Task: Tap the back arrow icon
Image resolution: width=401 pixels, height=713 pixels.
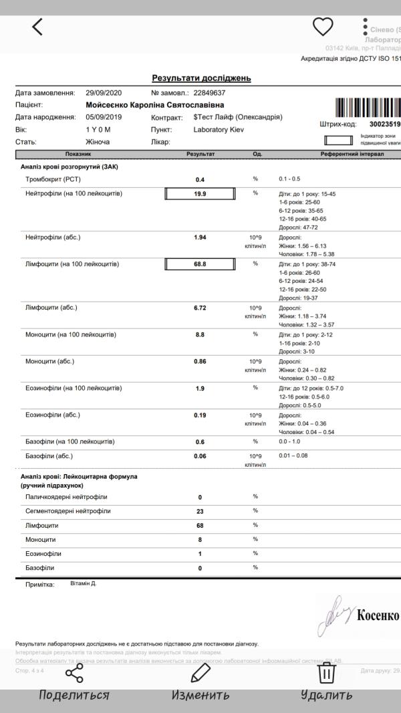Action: (37, 27)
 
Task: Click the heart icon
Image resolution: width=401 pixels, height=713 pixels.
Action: (323, 27)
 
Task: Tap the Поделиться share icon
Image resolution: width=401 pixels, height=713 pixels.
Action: (74, 672)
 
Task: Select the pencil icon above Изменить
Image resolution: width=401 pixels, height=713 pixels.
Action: (200, 672)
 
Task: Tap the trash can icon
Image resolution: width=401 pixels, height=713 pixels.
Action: (326, 672)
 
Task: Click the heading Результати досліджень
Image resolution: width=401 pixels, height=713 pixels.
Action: (201, 78)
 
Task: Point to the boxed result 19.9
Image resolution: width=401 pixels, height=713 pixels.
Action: (200, 194)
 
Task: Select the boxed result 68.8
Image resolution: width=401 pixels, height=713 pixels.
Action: (200, 264)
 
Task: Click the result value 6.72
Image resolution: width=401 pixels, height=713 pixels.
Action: (200, 308)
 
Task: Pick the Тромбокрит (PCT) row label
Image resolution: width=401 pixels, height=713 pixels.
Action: (49, 179)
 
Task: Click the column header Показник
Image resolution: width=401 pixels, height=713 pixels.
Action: (78, 154)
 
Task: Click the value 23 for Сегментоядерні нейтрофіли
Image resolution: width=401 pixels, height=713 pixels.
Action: (200, 512)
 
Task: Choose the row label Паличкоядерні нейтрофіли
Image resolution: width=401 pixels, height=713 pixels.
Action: (66, 497)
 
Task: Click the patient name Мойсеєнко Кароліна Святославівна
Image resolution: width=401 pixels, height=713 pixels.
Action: (155, 105)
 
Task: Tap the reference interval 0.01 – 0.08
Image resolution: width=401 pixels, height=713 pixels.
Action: (293, 455)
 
